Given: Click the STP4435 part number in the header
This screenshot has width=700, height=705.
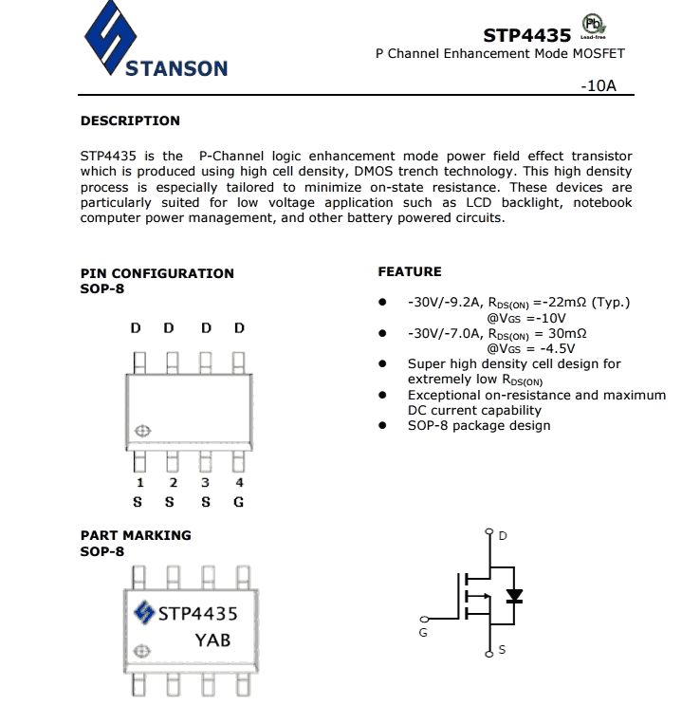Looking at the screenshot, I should coord(526,35).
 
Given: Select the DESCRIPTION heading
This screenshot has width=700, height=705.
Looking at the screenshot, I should coord(130,121).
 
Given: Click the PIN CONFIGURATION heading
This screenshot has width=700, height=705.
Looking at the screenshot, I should coord(157,273).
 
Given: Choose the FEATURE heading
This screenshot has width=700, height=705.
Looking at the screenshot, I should coord(410,271).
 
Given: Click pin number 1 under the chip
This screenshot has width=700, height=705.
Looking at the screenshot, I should coord(139,483).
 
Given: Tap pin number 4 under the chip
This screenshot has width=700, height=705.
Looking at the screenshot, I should coord(239,483).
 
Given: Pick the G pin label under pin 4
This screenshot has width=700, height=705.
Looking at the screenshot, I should coord(239,501).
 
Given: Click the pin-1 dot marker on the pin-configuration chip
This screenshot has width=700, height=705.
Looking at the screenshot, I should coord(142,431).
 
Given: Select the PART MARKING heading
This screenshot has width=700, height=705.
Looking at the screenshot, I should coord(136,535).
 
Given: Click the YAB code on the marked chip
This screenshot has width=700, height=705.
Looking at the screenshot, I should coord(212,640).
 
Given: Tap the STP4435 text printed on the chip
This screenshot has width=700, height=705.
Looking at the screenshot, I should coord(197,613).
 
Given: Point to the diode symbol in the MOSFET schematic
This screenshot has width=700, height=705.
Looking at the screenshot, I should coord(514,597).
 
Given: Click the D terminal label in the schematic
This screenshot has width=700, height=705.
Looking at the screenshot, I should coord(503,536).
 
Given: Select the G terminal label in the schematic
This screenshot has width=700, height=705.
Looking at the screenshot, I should coord(422,633).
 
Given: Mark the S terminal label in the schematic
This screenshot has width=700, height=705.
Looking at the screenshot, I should coord(502,650).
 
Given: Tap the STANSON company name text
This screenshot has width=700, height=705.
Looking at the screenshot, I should coord(176,68).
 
